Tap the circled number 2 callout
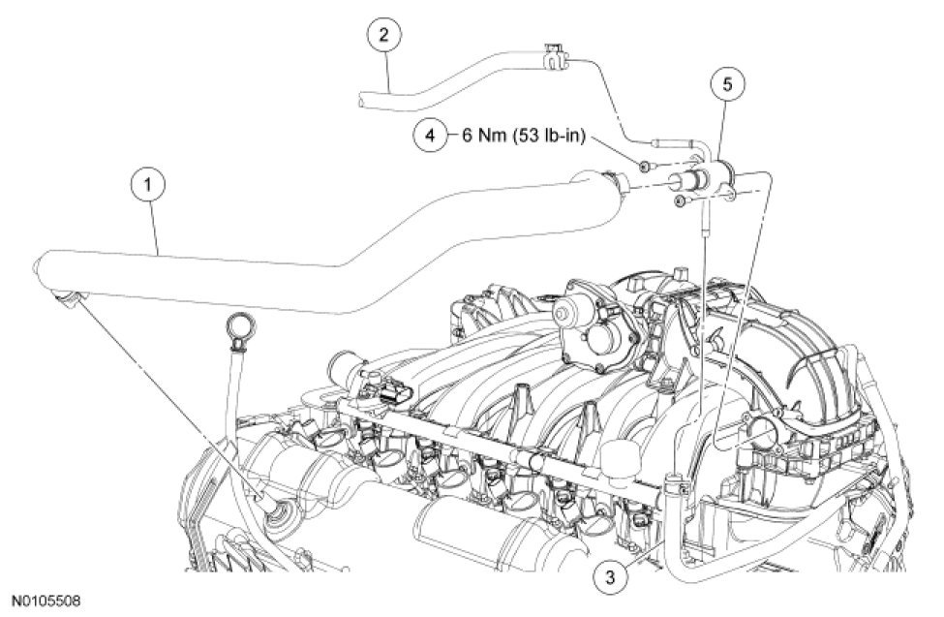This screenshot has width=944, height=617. pyautogui.click(x=384, y=38)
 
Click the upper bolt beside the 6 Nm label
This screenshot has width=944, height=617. pyautogui.click(x=645, y=168)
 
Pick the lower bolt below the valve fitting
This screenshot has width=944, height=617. pyautogui.click(x=681, y=201)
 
